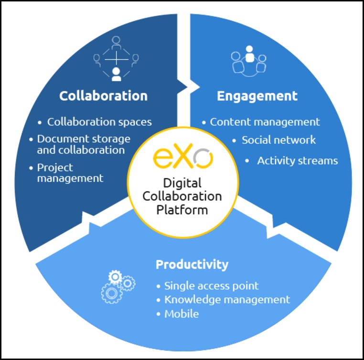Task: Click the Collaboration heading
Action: [x=103, y=96]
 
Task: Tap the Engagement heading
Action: [x=257, y=96]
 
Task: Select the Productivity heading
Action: [x=192, y=265]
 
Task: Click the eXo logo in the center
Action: [x=183, y=156]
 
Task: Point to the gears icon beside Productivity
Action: [x=118, y=286]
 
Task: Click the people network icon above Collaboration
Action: [x=116, y=59]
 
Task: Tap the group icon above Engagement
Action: [x=248, y=61]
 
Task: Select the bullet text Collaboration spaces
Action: [x=99, y=122]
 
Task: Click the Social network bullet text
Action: [x=278, y=140]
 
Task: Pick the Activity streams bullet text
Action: [x=298, y=161]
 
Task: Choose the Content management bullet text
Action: [x=265, y=122]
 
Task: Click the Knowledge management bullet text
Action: [x=227, y=300]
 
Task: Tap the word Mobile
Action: [x=182, y=314]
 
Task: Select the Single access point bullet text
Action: [x=211, y=286]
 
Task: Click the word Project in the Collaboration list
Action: [x=55, y=168]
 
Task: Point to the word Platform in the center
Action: [x=182, y=210]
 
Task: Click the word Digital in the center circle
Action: [x=182, y=184]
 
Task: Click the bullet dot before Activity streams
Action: [x=247, y=161]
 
